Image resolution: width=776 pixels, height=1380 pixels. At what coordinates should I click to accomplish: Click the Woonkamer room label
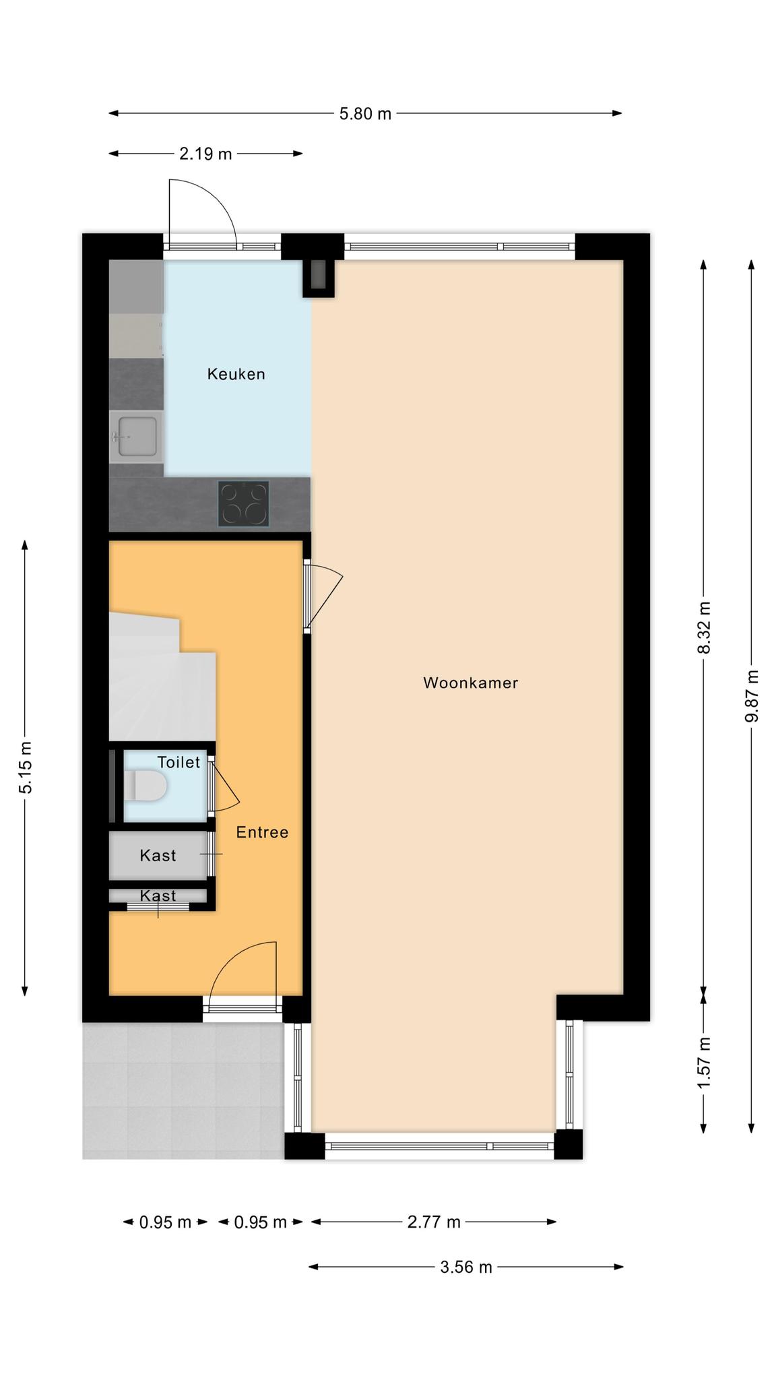click(470, 683)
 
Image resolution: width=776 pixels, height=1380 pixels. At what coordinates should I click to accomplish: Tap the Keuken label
click(236, 374)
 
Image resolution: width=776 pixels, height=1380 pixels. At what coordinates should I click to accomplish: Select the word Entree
click(262, 832)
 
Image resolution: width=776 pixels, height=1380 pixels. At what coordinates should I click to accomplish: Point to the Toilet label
click(179, 762)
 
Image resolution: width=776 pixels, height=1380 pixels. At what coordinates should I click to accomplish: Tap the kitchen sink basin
click(137, 436)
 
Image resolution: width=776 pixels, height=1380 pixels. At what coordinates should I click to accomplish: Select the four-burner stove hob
click(243, 503)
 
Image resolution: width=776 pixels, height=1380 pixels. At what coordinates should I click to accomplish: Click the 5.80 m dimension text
click(365, 114)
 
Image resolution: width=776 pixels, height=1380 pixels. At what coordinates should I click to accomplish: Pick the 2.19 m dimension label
click(205, 154)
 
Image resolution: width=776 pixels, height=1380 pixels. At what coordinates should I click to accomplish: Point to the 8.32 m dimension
click(704, 627)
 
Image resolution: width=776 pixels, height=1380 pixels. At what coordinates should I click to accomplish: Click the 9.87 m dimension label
click(752, 696)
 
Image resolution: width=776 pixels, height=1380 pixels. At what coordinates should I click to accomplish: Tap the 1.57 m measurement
click(704, 1063)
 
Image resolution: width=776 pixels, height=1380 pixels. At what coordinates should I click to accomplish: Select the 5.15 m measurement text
click(25, 767)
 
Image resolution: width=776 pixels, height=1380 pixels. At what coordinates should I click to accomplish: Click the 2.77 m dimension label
click(434, 1222)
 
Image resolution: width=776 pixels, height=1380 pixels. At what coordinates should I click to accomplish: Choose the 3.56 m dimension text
click(466, 1267)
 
